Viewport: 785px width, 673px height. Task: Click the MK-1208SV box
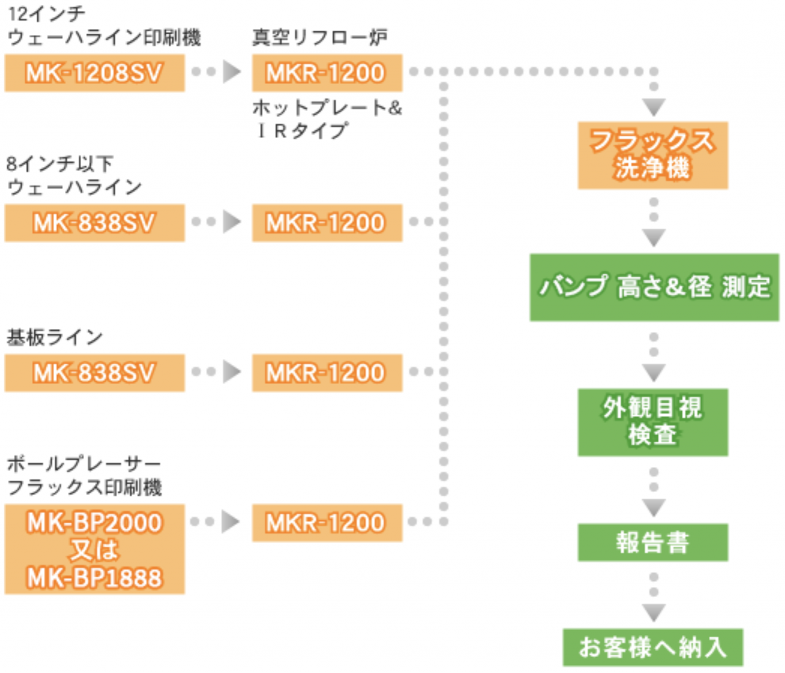point(94,72)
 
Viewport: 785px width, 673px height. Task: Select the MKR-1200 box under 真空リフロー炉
point(327,72)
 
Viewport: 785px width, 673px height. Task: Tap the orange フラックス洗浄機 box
point(653,155)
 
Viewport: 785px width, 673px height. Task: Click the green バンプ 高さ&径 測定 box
point(654,287)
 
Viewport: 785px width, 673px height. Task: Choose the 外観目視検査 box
point(653,422)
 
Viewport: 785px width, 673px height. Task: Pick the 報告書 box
point(653,542)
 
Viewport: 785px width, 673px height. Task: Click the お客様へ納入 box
point(653,647)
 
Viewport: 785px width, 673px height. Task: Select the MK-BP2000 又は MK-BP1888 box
point(94,549)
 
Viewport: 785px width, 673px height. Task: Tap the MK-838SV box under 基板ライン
point(94,373)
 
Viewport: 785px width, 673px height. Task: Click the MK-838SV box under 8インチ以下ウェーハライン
point(94,223)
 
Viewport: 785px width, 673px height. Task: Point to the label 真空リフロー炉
point(320,37)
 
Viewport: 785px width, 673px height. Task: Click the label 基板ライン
point(55,337)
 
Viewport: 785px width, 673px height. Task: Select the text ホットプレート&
point(327,108)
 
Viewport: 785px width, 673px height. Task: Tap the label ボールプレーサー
point(84,464)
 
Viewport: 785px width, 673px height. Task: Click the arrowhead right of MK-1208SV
point(232,71)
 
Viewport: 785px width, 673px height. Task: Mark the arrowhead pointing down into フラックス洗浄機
point(654,107)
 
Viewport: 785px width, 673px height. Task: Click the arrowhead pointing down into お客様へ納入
point(654,613)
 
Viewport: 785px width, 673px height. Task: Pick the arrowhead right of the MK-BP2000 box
point(231,521)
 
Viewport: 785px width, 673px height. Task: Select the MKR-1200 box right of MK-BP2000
point(327,523)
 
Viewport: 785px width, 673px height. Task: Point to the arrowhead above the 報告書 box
point(654,508)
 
